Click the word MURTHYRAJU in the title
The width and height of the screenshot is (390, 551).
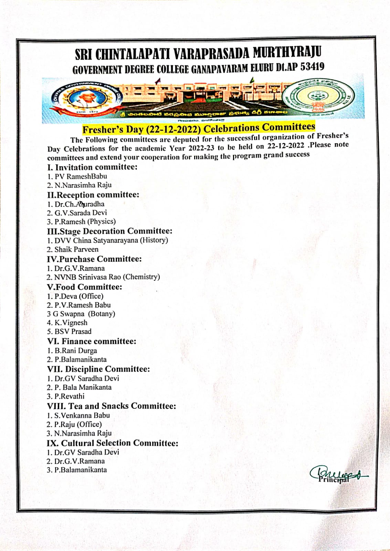click(x=287, y=53)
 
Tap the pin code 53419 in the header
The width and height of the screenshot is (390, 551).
click(x=312, y=66)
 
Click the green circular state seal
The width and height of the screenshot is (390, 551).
click(x=318, y=97)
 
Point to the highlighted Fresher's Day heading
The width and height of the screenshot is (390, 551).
click(x=199, y=128)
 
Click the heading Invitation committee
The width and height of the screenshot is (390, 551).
click(x=92, y=167)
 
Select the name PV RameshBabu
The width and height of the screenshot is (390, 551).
click(x=81, y=176)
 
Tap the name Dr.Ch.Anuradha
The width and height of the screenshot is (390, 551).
click(x=79, y=204)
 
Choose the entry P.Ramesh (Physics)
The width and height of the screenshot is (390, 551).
click(x=85, y=221)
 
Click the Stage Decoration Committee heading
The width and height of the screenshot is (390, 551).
click(x=109, y=231)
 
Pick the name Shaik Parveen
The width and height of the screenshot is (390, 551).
click(x=76, y=249)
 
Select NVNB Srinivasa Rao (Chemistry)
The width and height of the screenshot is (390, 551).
click(x=107, y=277)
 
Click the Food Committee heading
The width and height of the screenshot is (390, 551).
click(x=84, y=287)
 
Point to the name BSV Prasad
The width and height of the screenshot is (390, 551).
click(x=73, y=332)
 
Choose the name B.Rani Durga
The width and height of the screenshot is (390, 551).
click(x=75, y=351)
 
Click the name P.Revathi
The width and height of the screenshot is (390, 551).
click(x=69, y=396)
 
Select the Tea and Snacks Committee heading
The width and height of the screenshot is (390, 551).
click(x=111, y=406)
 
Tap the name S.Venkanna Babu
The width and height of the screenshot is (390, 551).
click(x=82, y=415)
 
